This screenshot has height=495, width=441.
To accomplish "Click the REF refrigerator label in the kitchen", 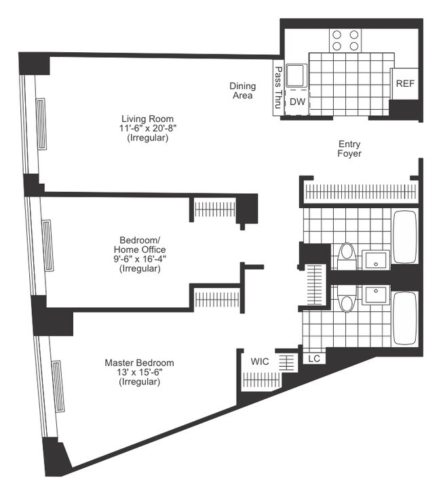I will (405, 84).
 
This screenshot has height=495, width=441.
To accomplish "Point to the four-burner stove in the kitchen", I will (345, 41).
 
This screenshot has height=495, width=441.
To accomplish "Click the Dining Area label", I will (242, 91).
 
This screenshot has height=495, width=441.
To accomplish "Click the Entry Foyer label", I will (349, 148).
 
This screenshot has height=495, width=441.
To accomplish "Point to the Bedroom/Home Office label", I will (139, 245).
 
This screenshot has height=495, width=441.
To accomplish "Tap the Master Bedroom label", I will (139, 363).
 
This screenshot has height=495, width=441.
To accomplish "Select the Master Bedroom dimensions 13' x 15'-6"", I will (139, 372).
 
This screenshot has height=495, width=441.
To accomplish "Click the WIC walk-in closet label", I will (260, 361).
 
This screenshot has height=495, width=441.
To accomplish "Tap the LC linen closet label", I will (313, 359).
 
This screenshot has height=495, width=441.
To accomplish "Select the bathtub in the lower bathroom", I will (405, 319).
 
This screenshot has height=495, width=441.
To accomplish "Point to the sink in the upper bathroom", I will (375, 258).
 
